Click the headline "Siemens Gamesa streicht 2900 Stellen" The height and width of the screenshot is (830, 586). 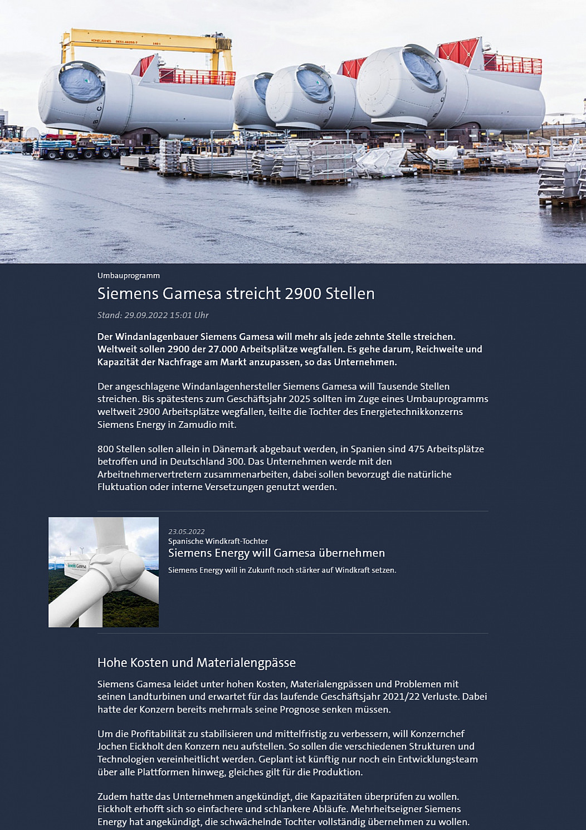click(x=236, y=294)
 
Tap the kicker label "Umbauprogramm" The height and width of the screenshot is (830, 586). click(x=129, y=276)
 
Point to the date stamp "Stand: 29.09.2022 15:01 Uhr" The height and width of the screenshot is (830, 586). click(x=153, y=315)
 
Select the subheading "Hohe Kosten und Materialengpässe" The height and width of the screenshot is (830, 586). click(x=197, y=662)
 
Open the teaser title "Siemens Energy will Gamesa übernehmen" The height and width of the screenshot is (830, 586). click(x=276, y=553)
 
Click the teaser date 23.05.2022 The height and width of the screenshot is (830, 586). click(x=187, y=531)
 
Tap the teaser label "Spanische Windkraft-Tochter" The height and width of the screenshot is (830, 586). click(x=218, y=541)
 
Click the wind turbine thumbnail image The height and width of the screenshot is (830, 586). click(x=104, y=572)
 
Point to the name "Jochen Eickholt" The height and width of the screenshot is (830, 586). click(x=131, y=746)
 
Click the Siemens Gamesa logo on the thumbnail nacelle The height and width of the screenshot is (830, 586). click(x=77, y=567)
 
